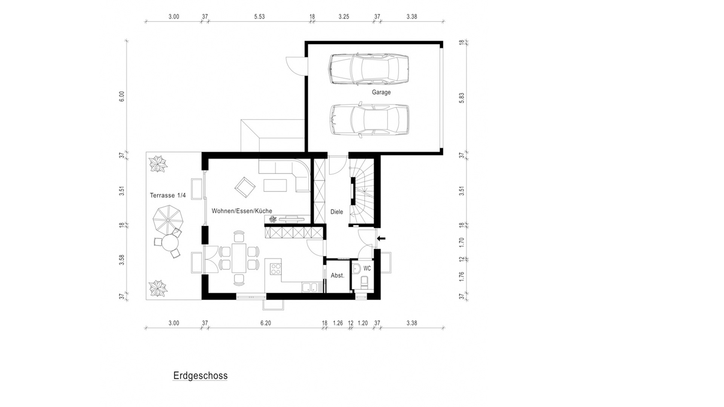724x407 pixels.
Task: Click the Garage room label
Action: tap(381, 92)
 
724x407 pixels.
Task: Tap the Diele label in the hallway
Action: tap(337, 212)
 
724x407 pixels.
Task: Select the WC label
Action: tap(367, 268)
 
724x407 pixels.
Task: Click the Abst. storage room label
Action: tap(337, 275)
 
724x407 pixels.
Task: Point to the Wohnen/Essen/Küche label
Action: tap(242, 211)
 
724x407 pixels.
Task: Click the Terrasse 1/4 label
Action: tap(168, 195)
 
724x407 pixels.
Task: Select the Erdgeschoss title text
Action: tap(200, 376)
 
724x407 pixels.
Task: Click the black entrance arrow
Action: tap(381, 238)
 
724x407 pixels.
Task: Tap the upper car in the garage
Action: tap(369, 69)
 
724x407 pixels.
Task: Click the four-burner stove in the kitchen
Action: tap(276, 269)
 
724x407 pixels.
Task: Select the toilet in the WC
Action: tap(365, 282)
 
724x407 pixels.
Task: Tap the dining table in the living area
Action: tap(239, 258)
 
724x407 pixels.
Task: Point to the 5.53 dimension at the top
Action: tap(259, 17)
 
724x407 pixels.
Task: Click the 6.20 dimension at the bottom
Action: tap(265, 323)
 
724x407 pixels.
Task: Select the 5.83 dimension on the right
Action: tap(462, 98)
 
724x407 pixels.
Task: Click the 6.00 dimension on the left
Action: tap(121, 96)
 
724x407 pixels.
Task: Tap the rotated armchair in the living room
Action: tap(245, 187)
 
